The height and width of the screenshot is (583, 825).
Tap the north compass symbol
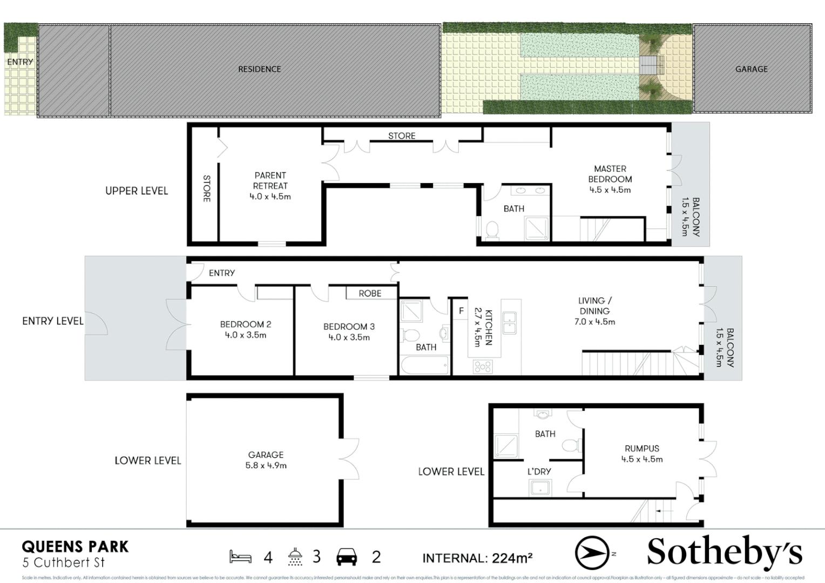[592, 553]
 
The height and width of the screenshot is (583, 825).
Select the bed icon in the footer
[240, 557]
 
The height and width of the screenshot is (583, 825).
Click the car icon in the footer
[346, 557]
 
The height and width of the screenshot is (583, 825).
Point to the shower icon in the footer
[295, 557]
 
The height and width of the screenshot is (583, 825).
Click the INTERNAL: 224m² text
[477, 558]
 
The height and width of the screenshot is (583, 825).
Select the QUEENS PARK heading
[75, 547]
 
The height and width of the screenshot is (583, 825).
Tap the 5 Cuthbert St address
[64, 562]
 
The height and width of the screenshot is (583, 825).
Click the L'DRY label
[539, 471]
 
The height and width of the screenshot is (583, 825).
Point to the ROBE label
[370, 293]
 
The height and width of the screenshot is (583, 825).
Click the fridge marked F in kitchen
[461, 311]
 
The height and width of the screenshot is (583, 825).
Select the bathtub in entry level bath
[425, 365]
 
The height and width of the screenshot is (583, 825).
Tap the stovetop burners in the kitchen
[482, 367]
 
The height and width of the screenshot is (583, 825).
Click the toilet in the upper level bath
[492, 231]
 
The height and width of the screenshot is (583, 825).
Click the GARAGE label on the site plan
[751, 69]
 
